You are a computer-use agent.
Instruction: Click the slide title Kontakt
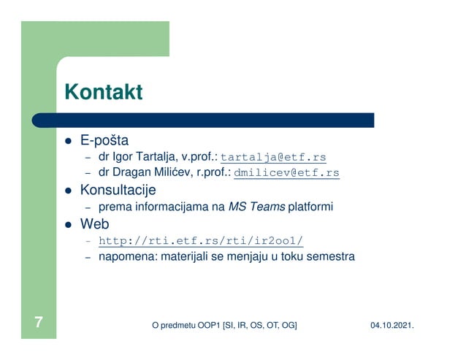pyautogui.click(x=103, y=93)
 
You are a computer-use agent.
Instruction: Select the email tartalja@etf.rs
pyautogui.click(x=273, y=157)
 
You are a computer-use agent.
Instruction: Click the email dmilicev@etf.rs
pyautogui.click(x=286, y=173)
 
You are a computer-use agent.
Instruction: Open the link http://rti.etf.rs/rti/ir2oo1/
pyautogui.click(x=200, y=241)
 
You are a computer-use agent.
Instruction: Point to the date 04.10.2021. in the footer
pyautogui.click(x=394, y=323)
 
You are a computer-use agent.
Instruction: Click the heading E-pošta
pyautogui.click(x=104, y=140)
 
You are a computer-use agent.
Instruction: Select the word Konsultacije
pyautogui.click(x=118, y=191)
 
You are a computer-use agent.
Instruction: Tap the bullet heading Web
pyautogui.click(x=94, y=224)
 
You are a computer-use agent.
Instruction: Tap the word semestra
pyautogui.click(x=331, y=257)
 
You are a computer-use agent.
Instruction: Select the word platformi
pyautogui.click(x=310, y=207)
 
